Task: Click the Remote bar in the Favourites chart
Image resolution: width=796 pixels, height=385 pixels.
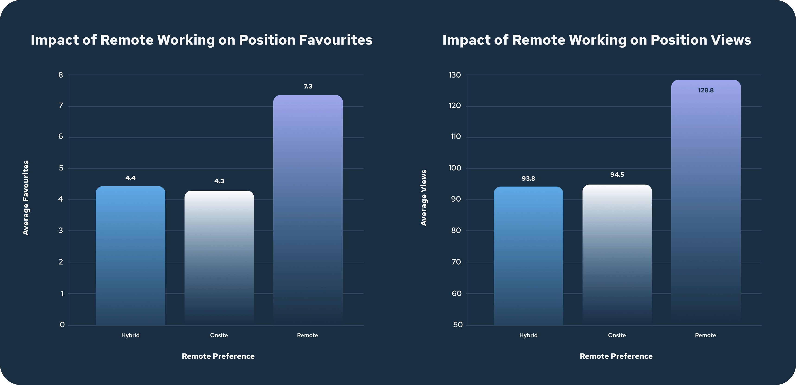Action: tap(308, 210)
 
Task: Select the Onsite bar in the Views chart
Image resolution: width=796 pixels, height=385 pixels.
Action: tap(617, 255)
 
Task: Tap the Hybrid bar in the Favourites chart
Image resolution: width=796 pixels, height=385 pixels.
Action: tap(131, 255)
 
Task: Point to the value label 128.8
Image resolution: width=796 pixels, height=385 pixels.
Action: tap(706, 90)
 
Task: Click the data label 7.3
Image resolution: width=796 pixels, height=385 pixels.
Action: tap(308, 86)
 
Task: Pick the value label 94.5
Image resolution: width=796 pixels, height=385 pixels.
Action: tap(617, 175)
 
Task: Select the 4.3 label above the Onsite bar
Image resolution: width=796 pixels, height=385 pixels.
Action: tap(219, 181)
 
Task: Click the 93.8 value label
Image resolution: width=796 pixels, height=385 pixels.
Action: tap(528, 179)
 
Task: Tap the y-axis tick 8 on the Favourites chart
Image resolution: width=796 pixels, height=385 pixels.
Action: tap(60, 75)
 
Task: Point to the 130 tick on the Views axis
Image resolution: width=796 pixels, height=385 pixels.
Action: tap(455, 75)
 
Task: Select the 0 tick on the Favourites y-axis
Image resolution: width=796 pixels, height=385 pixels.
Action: tap(62, 325)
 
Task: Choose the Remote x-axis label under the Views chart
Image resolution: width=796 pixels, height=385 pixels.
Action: tap(705, 335)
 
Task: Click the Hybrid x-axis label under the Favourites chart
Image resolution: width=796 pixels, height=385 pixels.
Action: tap(131, 335)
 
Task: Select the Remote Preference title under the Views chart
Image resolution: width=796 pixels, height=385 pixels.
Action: tap(616, 356)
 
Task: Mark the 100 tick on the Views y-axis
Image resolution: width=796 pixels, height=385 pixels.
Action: tap(455, 168)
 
